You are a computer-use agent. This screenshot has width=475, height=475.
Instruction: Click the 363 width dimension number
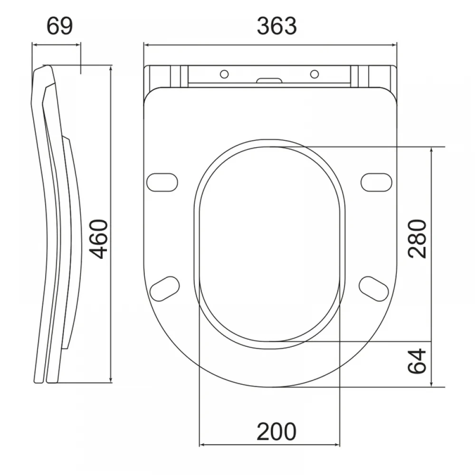(x=277, y=26)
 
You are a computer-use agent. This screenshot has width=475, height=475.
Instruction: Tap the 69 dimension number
(x=60, y=26)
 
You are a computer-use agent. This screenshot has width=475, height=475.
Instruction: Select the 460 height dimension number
(x=100, y=239)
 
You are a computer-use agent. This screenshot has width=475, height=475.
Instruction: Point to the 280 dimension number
(x=417, y=239)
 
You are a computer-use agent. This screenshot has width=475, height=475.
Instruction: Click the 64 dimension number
(x=417, y=361)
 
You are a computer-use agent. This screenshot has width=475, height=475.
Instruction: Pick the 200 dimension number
(x=276, y=431)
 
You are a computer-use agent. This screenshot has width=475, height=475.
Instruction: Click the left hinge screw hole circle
(x=224, y=74)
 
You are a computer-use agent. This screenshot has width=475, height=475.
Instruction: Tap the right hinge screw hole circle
(x=314, y=74)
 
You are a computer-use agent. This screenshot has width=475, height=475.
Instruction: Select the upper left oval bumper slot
(x=162, y=182)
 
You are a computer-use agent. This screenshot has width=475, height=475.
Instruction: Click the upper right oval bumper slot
(x=376, y=182)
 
